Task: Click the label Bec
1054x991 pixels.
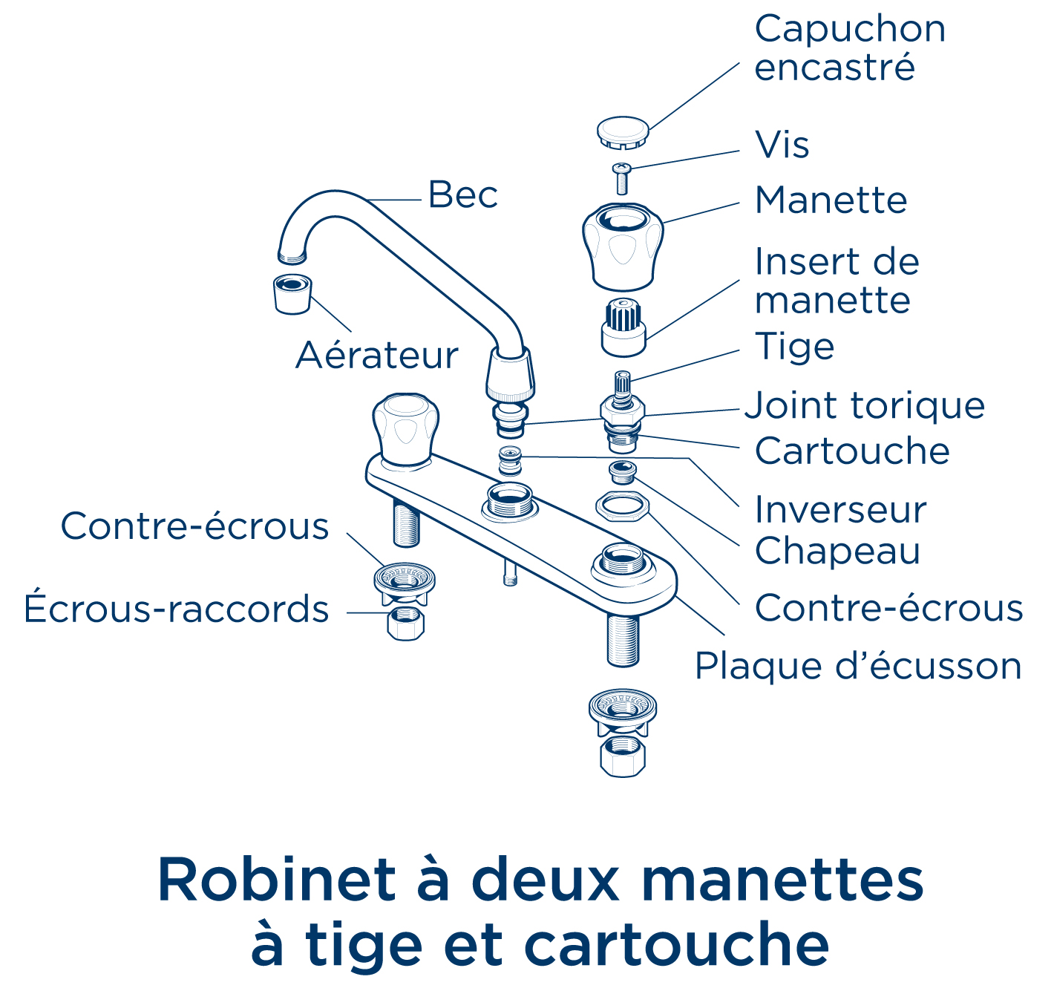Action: point(462,195)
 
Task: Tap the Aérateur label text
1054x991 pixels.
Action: point(376,356)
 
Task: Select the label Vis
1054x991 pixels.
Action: point(782,145)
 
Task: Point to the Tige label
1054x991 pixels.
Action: point(794,347)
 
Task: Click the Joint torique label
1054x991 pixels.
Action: point(865,406)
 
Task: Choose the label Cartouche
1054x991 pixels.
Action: point(852,451)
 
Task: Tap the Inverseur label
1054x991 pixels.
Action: point(840,510)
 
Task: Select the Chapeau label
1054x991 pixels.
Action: point(837,551)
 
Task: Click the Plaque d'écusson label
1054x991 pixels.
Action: point(858,666)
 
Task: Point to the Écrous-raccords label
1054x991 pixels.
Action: point(177,609)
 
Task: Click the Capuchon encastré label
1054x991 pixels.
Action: point(850,48)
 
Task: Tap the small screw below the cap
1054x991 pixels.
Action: point(622,178)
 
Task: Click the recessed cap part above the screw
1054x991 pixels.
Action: point(623,131)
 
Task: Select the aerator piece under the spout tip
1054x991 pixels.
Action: point(292,293)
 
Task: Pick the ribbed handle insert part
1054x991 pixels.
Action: point(623,327)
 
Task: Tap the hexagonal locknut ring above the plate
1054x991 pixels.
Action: point(623,506)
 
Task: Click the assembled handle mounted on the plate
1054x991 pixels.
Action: point(405,430)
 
